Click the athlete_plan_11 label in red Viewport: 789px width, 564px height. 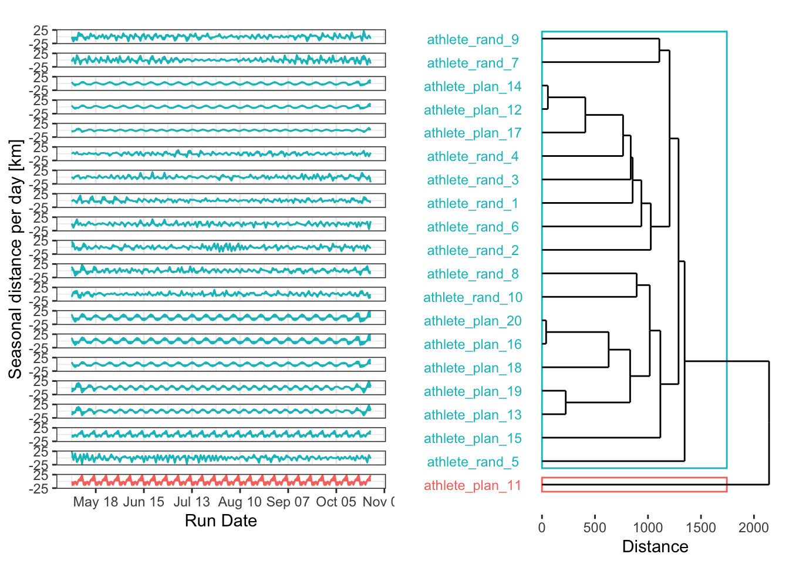(x=473, y=485)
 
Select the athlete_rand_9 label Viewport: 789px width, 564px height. (x=473, y=39)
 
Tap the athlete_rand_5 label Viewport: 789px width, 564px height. (x=473, y=462)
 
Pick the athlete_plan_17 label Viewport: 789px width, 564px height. (x=473, y=133)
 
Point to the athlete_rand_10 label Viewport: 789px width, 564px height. (x=473, y=297)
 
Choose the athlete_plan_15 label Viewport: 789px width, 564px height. (x=473, y=438)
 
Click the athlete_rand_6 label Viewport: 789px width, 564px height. (x=473, y=227)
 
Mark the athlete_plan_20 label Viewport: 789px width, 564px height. (x=473, y=321)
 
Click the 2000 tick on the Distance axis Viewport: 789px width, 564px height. (x=754, y=527)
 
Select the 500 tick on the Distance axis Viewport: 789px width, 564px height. (x=595, y=527)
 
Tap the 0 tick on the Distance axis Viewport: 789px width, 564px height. (x=542, y=527)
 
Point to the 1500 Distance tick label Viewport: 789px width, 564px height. (x=701, y=527)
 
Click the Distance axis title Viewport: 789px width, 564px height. (x=655, y=547)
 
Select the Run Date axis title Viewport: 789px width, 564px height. (x=221, y=521)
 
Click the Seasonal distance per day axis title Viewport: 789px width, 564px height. (x=16, y=259)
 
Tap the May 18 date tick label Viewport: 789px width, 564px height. (x=96, y=502)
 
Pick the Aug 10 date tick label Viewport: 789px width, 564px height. (x=240, y=502)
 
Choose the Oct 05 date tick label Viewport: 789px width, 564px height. (x=336, y=502)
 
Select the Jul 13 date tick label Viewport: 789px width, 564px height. (x=191, y=502)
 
